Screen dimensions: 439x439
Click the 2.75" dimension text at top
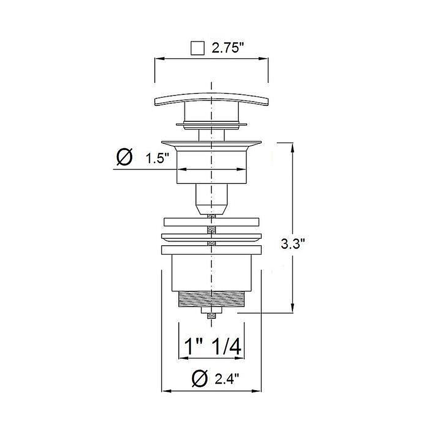228,48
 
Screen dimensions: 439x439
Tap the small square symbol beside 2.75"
196,48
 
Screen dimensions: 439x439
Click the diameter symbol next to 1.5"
125,158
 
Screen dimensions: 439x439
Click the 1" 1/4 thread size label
211,347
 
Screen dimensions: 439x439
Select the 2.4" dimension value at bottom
227,378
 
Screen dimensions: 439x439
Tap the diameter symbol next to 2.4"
200,378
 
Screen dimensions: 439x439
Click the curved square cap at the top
212,100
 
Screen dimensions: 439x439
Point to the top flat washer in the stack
211,222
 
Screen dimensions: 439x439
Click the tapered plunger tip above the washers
211,207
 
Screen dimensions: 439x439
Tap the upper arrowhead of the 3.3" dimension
292,146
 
